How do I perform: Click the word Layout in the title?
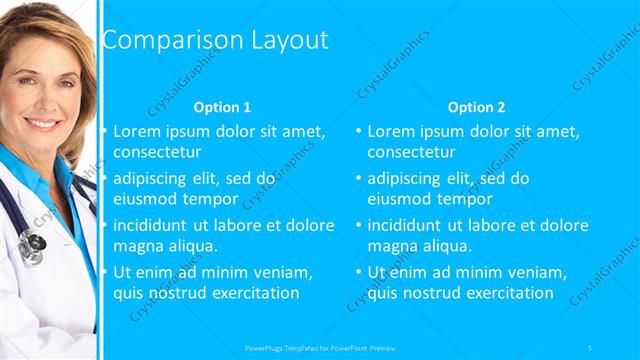[282, 40]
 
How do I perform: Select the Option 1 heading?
[222, 107]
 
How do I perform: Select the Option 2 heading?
[476, 107]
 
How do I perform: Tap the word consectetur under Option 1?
[157, 153]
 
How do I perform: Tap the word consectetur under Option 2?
[411, 153]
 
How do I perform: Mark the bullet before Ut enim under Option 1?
[104, 271]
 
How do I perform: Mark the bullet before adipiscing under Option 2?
[358, 179]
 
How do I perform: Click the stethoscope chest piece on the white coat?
[32, 242]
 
